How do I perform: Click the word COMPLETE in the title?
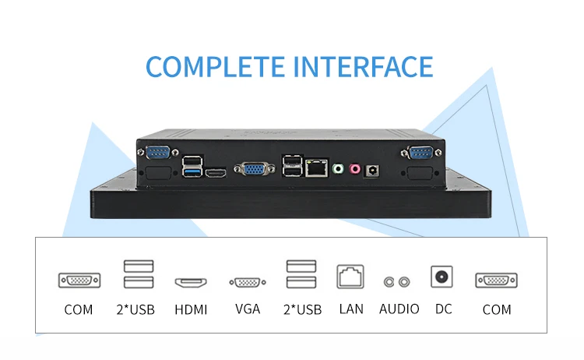tap(215, 66)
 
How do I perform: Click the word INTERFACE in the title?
tap(362, 66)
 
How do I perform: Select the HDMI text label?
tap(191, 309)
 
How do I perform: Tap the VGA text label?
tap(248, 309)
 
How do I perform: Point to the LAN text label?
tap(351, 309)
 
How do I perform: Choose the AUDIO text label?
tap(399, 309)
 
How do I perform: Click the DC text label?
tap(443, 309)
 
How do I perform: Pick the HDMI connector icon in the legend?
tap(191, 282)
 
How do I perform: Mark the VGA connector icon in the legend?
tap(248, 282)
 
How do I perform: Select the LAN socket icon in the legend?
tap(351, 277)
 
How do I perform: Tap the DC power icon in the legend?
tap(443, 277)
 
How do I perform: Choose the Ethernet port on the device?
tap(316, 166)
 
